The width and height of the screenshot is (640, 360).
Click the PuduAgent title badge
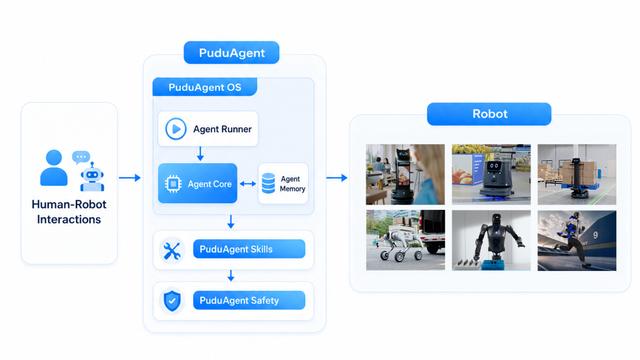point(231,53)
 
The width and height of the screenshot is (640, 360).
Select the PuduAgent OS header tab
point(204,87)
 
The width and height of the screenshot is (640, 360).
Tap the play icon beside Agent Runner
point(176,129)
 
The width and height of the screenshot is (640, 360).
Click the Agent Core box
point(198,183)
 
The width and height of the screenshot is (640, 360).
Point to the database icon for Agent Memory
point(268,183)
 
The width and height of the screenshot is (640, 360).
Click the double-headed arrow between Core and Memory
point(248,184)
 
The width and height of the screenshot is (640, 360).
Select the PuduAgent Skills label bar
point(249,249)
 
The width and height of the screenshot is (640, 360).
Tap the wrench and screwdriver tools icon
point(172,251)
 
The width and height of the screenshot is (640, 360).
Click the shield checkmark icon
point(172,301)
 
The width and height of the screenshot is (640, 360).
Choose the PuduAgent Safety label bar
point(249,300)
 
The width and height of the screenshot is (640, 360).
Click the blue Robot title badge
point(489,114)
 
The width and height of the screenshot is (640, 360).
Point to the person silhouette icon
point(54,168)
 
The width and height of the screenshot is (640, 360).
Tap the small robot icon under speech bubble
point(92,177)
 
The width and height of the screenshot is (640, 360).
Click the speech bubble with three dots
point(81,157)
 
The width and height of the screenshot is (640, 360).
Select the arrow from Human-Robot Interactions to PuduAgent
point(130,178)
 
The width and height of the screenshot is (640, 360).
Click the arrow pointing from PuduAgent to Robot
point(337,178)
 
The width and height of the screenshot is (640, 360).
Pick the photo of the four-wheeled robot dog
point(405,240)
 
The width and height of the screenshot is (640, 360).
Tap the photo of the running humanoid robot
point(577,240)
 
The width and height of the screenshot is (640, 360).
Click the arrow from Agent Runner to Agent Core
point(200,153)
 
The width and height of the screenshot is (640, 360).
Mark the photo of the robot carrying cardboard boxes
point(577,174)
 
